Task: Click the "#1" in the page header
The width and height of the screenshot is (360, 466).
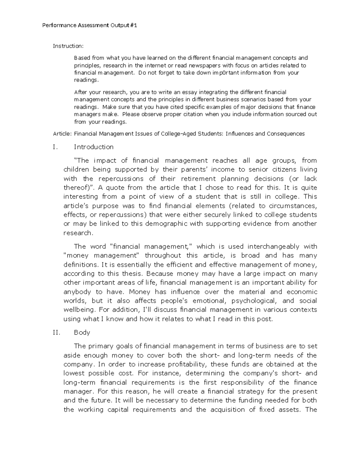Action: (133, 26)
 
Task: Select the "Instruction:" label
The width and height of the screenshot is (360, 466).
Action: (68, 46)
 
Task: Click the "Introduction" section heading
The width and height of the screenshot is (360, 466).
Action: (94, 147)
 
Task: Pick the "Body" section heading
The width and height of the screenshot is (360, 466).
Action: (82, 332)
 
